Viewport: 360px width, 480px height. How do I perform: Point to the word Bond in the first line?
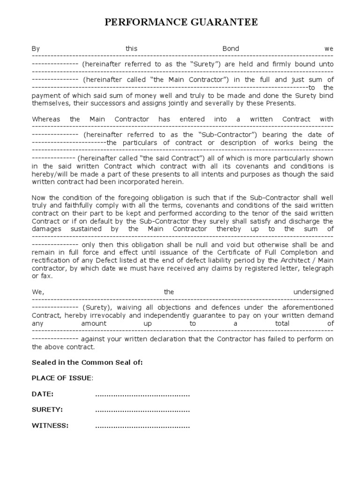[x=230, y=49]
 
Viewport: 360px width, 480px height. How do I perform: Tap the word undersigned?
[x=313, y=292]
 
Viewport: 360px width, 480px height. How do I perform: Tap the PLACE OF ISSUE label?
[x=62, y=378]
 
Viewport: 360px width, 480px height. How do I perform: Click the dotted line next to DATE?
[x=142, y=394]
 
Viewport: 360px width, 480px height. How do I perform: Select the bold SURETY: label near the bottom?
[x=47, y=410]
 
